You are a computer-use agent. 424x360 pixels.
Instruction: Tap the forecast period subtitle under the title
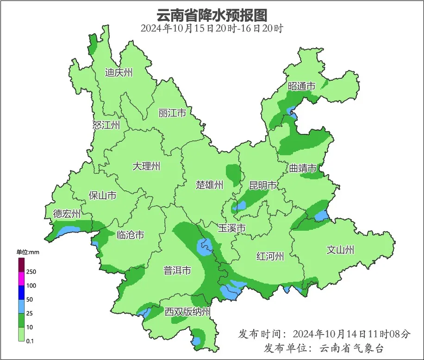pos(212,28)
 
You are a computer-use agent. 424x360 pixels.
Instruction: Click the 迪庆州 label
pos(118,73)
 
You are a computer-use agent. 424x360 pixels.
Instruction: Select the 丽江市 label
pos(172,113)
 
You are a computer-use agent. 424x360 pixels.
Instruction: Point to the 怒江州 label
pos(106,125)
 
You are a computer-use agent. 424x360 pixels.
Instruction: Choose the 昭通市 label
pos(301,86)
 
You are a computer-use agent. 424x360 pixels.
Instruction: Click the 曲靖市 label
pos(303,168)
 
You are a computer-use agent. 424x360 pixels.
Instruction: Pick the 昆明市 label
pos(262,186)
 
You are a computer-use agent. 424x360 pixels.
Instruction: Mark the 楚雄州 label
pos(209,185)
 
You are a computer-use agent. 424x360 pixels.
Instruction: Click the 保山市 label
pos(102,196)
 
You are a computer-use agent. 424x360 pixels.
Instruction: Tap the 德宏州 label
pos(67,214)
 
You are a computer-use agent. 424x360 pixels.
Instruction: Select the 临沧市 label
pos(130,235)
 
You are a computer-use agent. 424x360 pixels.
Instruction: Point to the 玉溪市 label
pos(231,228)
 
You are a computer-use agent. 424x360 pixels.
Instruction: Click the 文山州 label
pos(340,250)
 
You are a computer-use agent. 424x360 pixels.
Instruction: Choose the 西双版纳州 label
pos(187,312)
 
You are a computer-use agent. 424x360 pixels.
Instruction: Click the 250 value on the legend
pos(31,272)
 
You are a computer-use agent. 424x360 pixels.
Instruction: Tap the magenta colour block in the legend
pos(21,278)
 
